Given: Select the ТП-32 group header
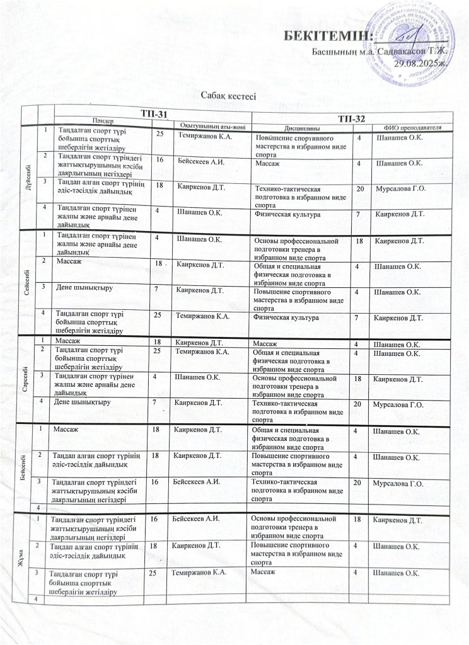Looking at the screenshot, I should pos(352,118).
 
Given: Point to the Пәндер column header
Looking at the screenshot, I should pos(105,120).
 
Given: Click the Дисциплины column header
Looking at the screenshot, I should pos(296,125).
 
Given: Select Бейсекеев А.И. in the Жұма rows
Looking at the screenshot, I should pos(195,518).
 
